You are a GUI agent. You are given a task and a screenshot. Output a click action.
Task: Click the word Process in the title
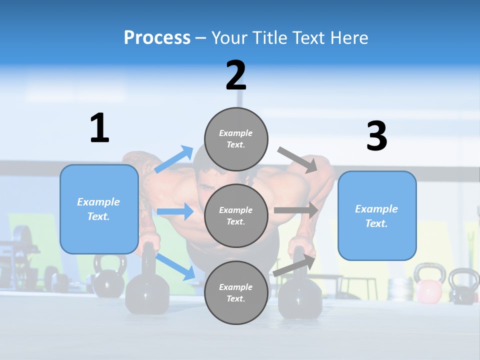(x=157, y=38)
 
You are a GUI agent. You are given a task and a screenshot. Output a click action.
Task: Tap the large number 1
(x=99, y=128)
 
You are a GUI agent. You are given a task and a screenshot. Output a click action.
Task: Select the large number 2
(x=236, y=75)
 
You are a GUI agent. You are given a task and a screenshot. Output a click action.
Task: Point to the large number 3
(x=376, y=136)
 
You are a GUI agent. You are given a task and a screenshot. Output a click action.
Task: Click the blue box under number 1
(x=99, y=209)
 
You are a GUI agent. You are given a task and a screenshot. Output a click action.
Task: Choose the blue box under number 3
(x=377, y=216)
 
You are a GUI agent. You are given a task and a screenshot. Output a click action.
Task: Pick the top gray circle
(x=236, y=139)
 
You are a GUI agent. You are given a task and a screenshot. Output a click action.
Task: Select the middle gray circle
(x=236, y=216)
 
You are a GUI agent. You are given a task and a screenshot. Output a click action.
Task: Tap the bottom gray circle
(x=236, y=293)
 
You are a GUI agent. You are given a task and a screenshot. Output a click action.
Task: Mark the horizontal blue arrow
(x=175, y=211)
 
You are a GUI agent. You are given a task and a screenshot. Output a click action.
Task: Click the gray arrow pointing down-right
(x=297, y=160)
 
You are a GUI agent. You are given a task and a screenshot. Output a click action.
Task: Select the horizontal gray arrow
(x=295, y=210)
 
